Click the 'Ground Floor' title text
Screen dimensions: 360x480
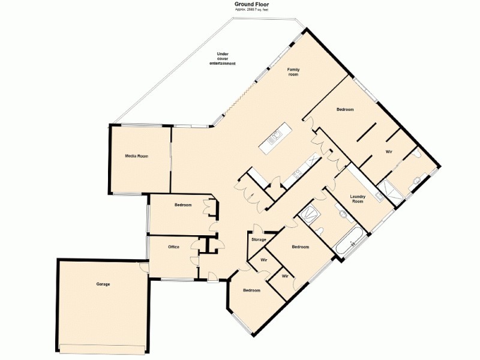251,4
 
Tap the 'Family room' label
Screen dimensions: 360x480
293,72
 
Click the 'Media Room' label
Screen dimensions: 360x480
136,156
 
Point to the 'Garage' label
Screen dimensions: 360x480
103,284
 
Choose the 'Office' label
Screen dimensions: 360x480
174,247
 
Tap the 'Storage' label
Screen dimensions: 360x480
259,240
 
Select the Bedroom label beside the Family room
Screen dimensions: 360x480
345,109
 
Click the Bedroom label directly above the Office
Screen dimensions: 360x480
183,205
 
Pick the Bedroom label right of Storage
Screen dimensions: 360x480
300,247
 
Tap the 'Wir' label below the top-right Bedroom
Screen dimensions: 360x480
389,152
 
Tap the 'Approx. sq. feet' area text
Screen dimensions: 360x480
251,10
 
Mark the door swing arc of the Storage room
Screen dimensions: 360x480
256,227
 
